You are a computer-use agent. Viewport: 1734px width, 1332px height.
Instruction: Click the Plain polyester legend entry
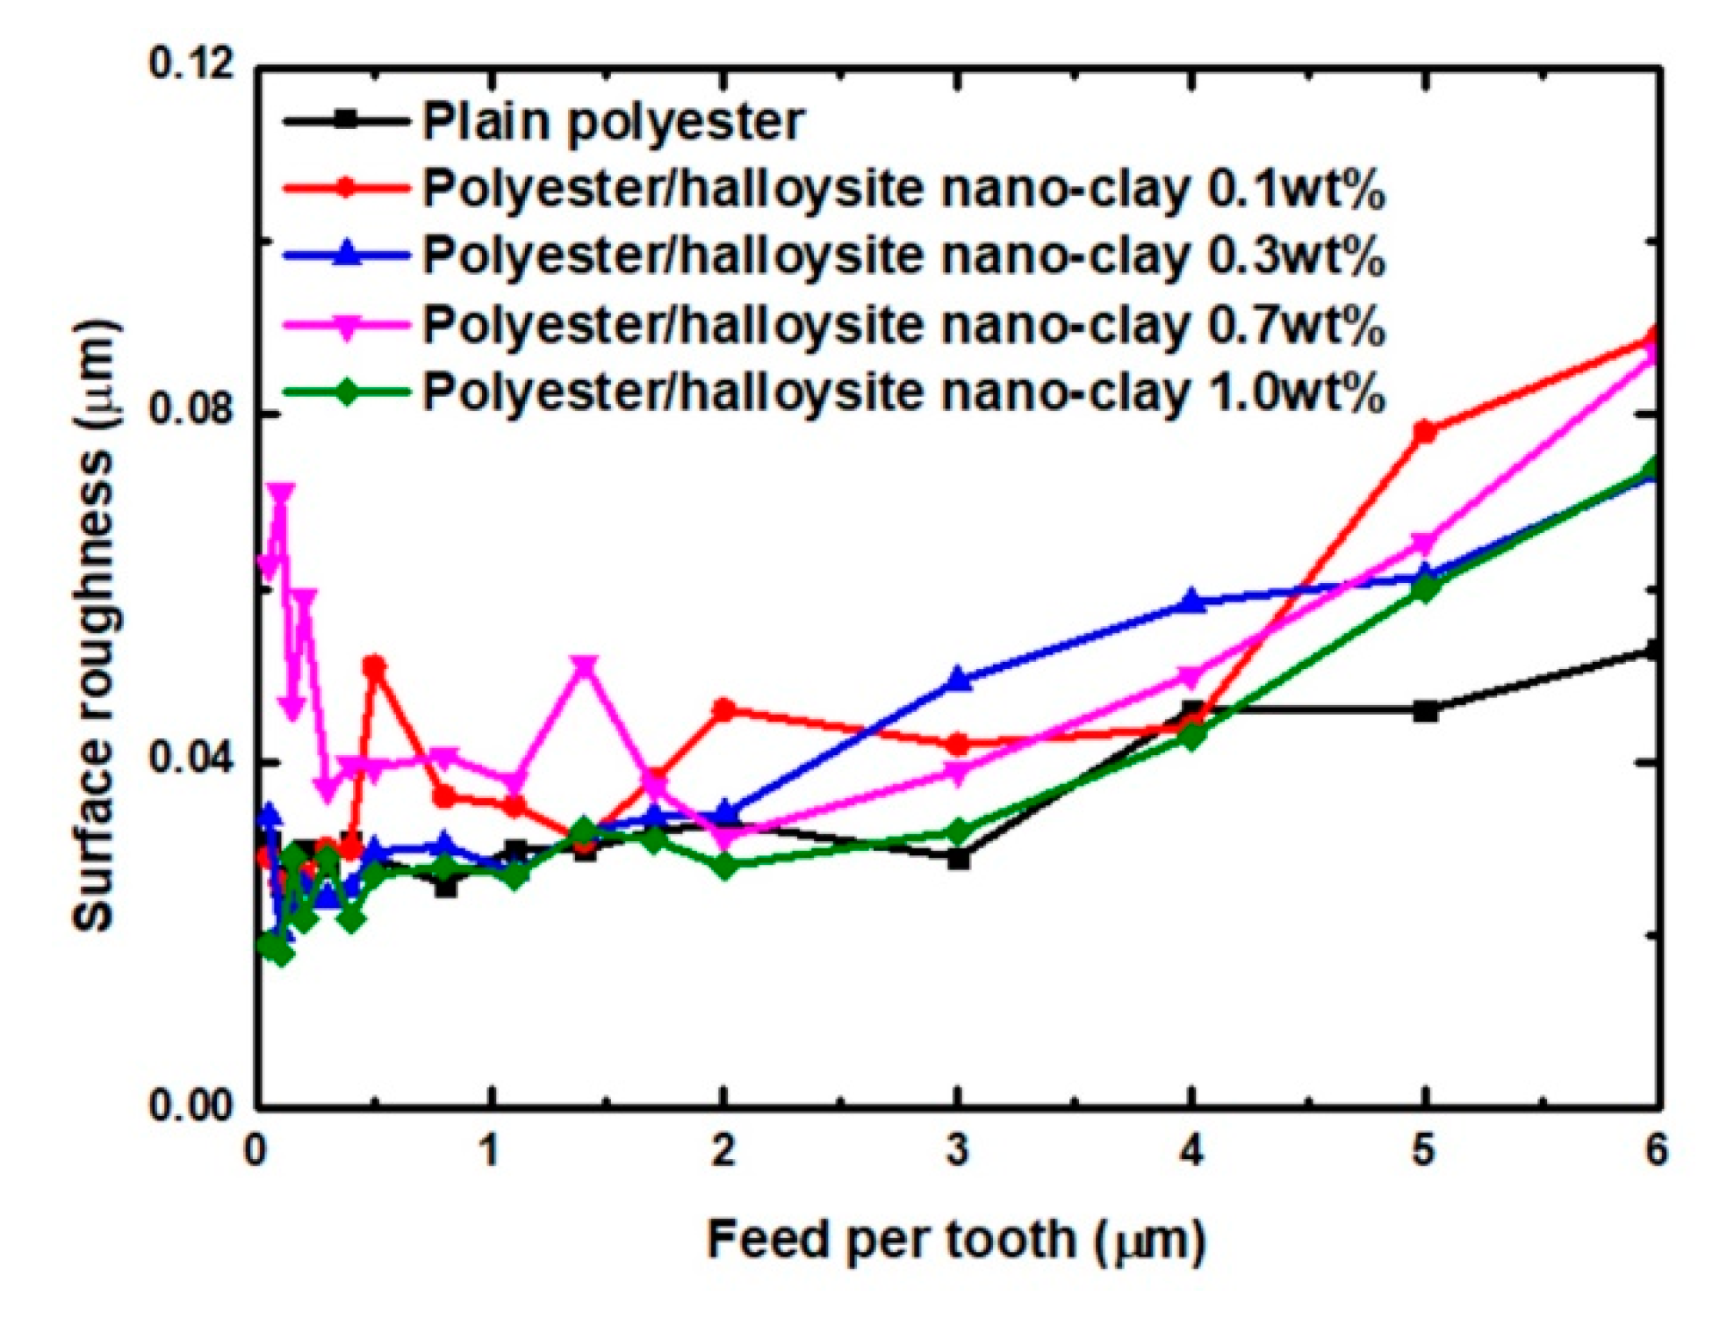pyautogui.click(x=612, y=121)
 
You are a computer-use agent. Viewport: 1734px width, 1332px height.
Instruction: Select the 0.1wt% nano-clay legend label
pyautogui.click(x=903, y=189)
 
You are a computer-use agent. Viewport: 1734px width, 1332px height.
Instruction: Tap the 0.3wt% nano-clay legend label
pyautogui.click(x=903, y=256)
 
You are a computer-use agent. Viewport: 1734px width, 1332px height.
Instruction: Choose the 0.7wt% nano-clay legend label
pyautogui.click(x=903, y=324)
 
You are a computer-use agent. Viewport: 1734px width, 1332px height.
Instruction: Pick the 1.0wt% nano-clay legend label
pyautogui.click(x=903, y=392)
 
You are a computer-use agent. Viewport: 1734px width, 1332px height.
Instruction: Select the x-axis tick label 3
pyautogui.click(x=958, y=1150)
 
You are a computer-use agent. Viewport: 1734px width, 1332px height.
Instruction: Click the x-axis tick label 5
pyautogui.click(x=1424, y=1150)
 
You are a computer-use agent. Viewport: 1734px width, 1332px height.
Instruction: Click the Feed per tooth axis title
pyautogui.click(x=956, y=1241)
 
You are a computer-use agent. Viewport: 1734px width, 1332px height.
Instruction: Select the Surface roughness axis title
pyautogui.click(x=95, y=625)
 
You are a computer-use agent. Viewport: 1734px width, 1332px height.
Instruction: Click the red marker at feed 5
pyautogui.click(x=1425, y=432)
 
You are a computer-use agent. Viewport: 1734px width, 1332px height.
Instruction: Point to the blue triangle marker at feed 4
pyautogui.click(x=1191, y=601)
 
